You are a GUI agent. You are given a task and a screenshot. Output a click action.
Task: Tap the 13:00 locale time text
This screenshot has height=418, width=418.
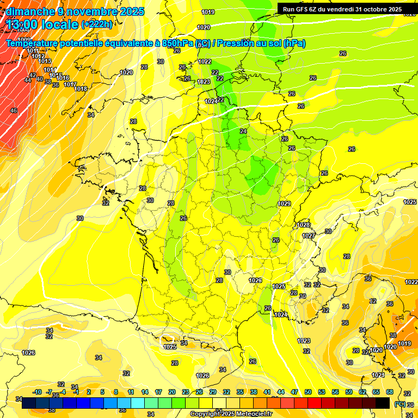42,24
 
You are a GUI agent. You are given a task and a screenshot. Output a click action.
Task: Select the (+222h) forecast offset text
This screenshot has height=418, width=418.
96,24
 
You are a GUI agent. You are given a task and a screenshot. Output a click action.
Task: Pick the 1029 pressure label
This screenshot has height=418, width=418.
284,204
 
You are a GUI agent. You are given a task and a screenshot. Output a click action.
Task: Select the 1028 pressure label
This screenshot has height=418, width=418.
303,225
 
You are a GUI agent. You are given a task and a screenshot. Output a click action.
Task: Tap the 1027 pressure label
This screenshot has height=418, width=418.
309,236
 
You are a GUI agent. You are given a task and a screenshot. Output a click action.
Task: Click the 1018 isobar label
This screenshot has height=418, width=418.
81,89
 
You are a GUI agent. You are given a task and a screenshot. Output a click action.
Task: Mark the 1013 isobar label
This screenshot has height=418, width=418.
45,61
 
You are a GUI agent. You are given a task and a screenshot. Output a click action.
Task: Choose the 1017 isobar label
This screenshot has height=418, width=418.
70,84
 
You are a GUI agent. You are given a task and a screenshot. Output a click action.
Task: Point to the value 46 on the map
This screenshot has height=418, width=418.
14,110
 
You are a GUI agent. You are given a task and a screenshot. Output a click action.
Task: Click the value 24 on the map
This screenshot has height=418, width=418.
243,131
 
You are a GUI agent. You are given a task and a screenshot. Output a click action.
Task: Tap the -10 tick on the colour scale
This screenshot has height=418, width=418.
37,392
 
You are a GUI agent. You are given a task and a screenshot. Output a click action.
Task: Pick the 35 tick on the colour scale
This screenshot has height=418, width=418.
239,392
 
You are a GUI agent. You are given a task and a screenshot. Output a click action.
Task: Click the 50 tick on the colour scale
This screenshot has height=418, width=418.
308,392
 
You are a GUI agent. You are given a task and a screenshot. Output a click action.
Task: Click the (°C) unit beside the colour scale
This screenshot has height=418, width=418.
400,404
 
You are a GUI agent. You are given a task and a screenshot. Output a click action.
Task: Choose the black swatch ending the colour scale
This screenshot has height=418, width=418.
383,403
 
